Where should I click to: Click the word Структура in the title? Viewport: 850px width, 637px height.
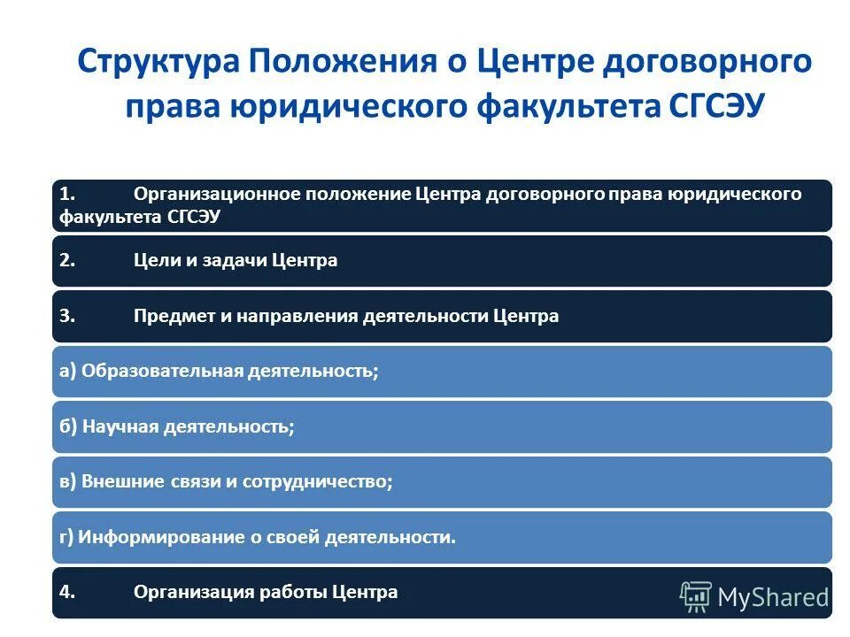155,64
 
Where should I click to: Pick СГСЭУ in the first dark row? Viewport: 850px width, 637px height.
193,217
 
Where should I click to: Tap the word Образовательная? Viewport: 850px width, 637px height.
161,372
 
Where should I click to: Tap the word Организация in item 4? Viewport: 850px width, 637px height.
187,592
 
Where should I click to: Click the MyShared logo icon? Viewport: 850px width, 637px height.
695,596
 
